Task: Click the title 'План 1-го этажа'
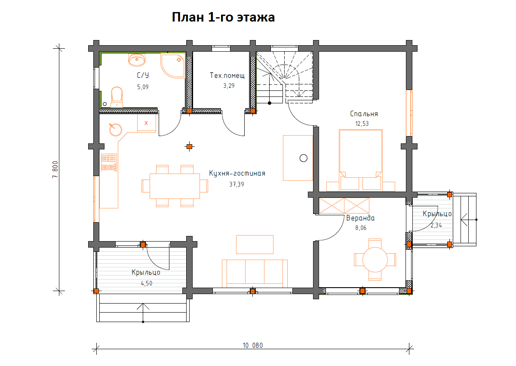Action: pyautogui.click(x=223, y=17)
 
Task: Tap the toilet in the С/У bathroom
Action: pyautogui.click(x=117, y=97)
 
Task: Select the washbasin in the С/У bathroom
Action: pyautogui.click(x=137, y=60)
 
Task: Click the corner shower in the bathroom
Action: pyautogui.click(x=173, y=65)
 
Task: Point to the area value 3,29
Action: pyautogui.click(x=229, y=86)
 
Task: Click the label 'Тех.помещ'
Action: pyautogui.click(x=227, y=75)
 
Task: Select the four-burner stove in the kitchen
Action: pyautogui.click(x=109, y=163)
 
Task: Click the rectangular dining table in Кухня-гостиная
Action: pyautogui.click(x=175, y=186)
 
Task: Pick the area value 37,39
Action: pyautogui.click(x=236, y=184)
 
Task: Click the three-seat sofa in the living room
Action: pyautogui.click(x=255, y=273)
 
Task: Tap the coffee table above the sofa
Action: pyautogui.click(x=255, y=245)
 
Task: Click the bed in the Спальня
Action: pyautogui.click(x=361, y=160)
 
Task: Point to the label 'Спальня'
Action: pyautogui.click(x=364, y=114)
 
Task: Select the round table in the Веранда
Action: pyautogui.click(x=375, y=260)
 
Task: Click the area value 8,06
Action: pyautogui.click(x=361, y=228)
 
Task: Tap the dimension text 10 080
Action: pyautogui.click(x=253, y=345)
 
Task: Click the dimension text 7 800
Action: pyautogui.click(x=55, y=170)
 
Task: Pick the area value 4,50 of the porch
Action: pyautogui.click(x=147, y=283)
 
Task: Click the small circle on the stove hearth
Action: pyautogui.click(x=304, y=158)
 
